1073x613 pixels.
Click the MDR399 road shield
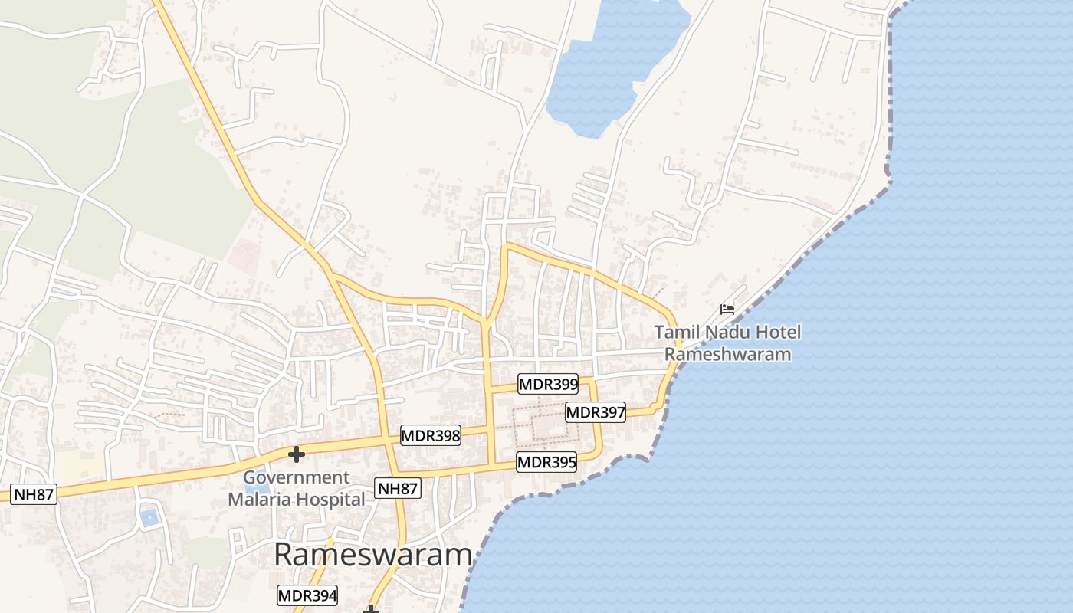tap(548, 384)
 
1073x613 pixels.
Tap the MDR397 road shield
tap(596, 412)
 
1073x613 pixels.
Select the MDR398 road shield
tap(431, 436)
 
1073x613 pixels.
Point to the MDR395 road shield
tap(546, 462)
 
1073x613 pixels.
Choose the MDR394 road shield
tap(307, 595)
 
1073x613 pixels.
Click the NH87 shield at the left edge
tap(34, 494)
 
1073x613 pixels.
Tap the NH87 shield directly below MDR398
tap(399, 488)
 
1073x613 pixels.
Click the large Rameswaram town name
tap(372, 555)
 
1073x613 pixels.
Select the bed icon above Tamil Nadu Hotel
tap(727, 310)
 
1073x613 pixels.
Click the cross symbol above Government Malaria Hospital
tap(296, 454)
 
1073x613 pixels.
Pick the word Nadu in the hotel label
tap(727, 333)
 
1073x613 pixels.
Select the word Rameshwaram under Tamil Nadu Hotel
tap(727, 354)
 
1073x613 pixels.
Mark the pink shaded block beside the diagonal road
tap(244, 256)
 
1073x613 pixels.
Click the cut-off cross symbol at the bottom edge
tap(371, 609)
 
